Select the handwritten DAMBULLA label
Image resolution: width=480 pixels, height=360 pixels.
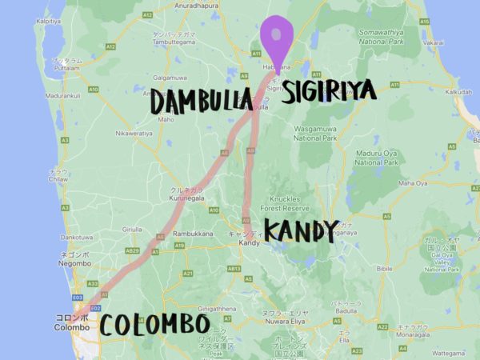201,102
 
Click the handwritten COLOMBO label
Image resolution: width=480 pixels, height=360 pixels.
155,326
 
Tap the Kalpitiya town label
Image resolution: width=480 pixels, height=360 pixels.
49,21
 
